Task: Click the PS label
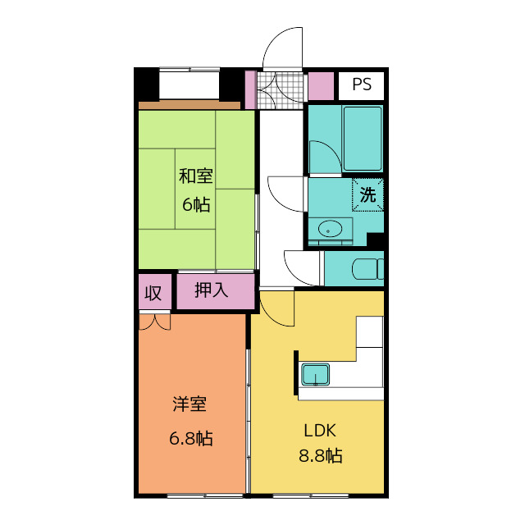coord(362,84)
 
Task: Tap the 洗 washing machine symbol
coord(367,194)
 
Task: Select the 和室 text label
coord(196,176)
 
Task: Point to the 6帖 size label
coord(196,204)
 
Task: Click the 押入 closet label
coord(212,290)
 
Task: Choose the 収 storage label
coord(153,294)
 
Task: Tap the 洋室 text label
coord(189,404)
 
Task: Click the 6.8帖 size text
coord(191,438)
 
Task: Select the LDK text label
coord(320,431)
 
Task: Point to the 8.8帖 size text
coord(321,456)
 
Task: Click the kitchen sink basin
coord(315,375)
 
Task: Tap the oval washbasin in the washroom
coord(330,230)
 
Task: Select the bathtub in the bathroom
coord(363,139)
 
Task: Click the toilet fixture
coord(367,269)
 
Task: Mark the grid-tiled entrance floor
coord(281,90)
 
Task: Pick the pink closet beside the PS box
coord(321,86)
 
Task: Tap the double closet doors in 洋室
coord(155,322)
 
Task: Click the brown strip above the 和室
coord(189,105)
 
